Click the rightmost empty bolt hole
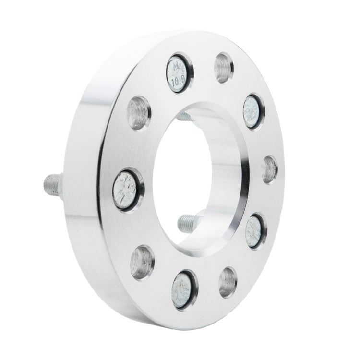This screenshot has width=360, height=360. pyautogui.click(x=270, y=169)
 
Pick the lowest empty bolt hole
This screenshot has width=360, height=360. pyautogui.click(x=227, y=282)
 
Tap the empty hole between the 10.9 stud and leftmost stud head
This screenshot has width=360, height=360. pyautogui.click(x=139, y=113)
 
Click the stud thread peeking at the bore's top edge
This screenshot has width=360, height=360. pyautogui.click(x=186, y=116)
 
